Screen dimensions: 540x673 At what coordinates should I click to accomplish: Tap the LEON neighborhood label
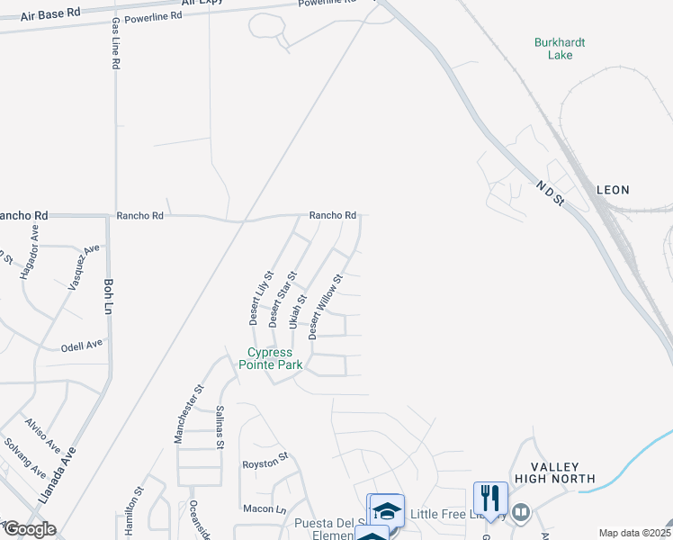(x=613, y=190)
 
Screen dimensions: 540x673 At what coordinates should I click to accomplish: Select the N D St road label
(x=548, y=193)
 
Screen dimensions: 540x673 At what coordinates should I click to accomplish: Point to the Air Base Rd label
(x=52, y=13)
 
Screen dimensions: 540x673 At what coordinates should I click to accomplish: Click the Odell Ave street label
(x=81, y=346)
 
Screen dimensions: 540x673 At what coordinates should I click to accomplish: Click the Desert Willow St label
(x=326, y=307)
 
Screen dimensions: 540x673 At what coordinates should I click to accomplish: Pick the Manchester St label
(x=189, y=414)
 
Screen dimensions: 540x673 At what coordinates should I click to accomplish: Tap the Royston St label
(x=264, y=463)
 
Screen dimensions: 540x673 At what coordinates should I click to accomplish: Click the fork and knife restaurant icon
(x=490, y=498)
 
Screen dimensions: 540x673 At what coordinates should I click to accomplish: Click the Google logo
(x=29, y=529)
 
